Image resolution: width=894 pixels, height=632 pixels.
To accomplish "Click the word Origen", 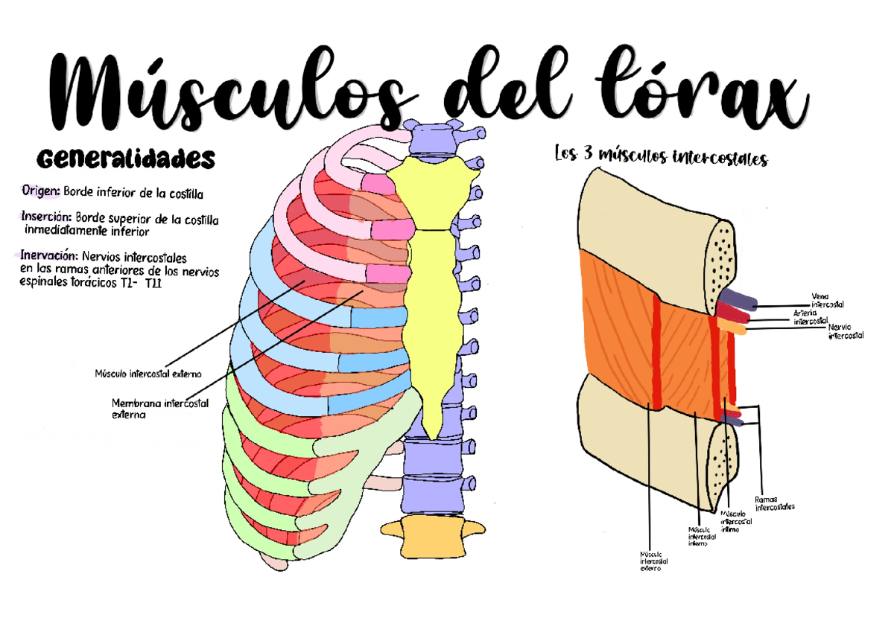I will (x=40, y=192).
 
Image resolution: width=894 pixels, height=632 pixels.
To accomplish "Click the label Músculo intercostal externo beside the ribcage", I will (x=148, y=373).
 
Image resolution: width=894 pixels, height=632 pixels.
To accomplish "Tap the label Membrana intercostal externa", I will (x=159, y=409).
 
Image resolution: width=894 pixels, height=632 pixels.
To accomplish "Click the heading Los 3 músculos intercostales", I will (x=661, y=158).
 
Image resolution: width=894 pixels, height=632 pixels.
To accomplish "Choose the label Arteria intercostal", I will (x=810, y=318).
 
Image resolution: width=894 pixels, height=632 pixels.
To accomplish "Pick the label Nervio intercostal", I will (x=846, y=331).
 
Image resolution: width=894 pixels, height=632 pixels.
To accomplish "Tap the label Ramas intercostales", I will (x=775, y=503).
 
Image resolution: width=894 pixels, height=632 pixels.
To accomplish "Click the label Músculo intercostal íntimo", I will (x=736, y=522).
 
